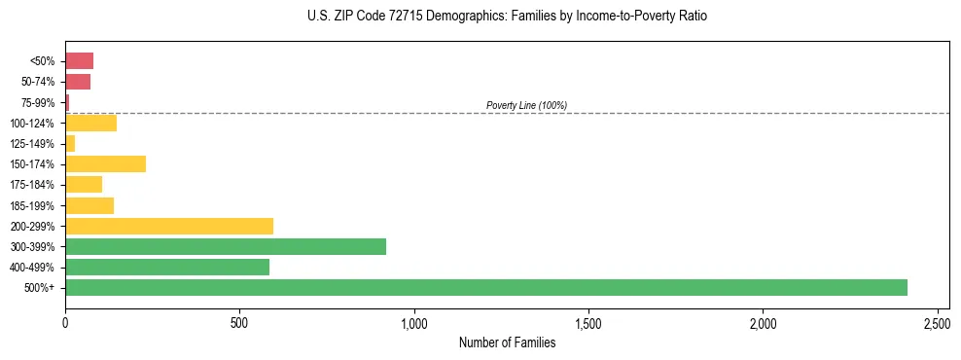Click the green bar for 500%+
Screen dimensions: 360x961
(x=486, y=287)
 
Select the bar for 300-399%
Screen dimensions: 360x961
(x=226, y=246)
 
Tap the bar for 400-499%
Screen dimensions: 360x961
(x=167, y=267)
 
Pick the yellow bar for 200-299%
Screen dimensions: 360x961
(x=169, y=226)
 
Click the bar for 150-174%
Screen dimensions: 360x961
(x=105, y=163)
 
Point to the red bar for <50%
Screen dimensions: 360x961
(x=79, y=60)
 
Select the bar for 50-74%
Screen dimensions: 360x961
(x=78, y=81)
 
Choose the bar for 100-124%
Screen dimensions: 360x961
(x=90, y=123)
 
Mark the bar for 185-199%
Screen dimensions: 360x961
(x=89, y=205)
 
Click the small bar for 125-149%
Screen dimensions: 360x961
(x=70, y=143)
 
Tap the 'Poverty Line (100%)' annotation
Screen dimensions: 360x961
(x=526, y=105)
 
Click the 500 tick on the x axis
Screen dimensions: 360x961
(x=239, y=321)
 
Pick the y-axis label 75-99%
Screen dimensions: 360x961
(x=38, y=102)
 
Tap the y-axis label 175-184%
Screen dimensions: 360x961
(x=34, y=185)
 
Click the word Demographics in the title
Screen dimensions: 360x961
(x=454, y=17)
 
